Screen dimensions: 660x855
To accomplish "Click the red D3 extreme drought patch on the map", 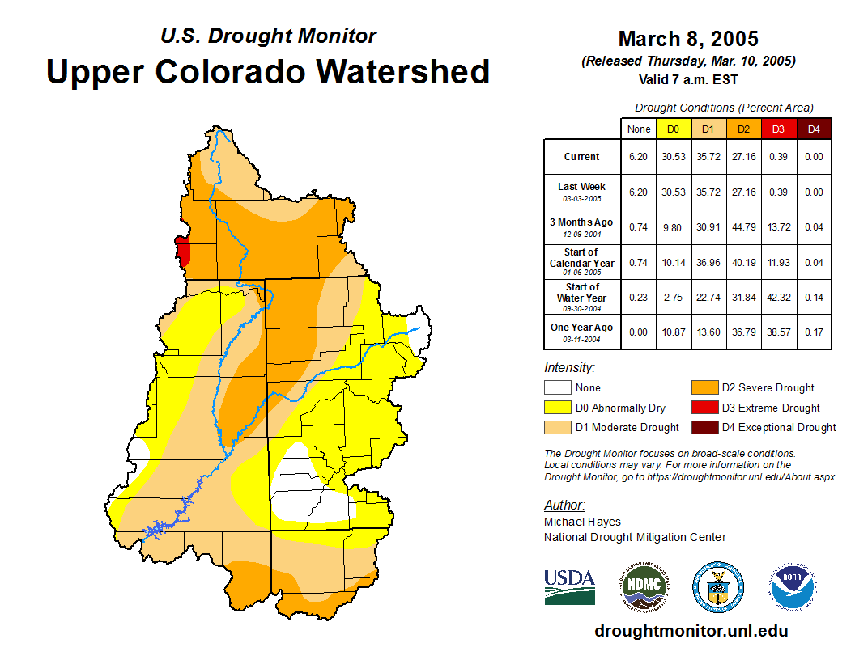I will pos(183,251).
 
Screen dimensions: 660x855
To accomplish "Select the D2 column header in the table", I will pos(743,129).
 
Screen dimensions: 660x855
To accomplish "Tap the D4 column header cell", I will pos(814,129).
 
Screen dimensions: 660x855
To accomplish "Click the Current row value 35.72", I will pos(708,157).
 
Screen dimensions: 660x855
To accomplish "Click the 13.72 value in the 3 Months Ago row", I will pos(778,227).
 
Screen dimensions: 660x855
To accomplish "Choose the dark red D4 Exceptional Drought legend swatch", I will pos(704,427).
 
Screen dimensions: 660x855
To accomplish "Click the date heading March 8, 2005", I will pos(688,39).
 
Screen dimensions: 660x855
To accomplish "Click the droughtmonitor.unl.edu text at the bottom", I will pos(691,631).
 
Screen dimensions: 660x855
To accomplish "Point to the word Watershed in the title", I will pos(402,71).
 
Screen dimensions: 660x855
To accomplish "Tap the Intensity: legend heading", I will pos(569,368).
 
